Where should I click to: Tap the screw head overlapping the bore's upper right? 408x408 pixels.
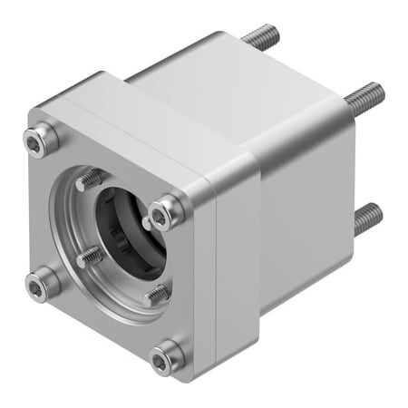click(163, 214)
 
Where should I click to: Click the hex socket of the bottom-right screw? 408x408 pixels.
click(164, 360)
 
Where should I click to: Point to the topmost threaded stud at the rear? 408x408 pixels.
click(261, 38)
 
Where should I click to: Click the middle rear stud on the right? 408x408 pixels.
click(364, 93)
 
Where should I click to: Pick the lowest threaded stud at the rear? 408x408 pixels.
click(366, 217)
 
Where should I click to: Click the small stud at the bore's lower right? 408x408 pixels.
click(156, 293)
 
